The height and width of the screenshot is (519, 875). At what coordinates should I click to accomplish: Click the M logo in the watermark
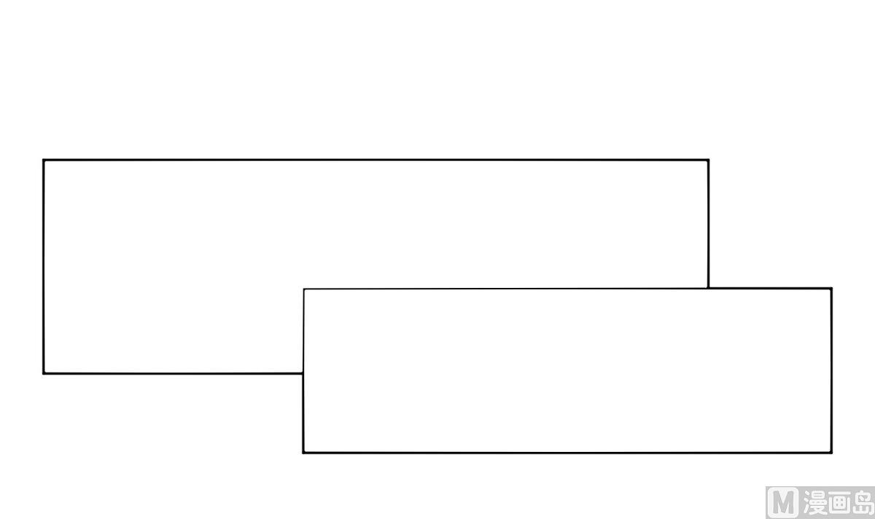click(783, 503)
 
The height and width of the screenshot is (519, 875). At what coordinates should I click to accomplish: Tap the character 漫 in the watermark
click(816, 503)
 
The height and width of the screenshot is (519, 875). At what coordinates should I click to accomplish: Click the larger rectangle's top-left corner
click(44, 160)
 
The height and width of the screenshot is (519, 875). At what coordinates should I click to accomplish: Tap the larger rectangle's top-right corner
click(708, 160)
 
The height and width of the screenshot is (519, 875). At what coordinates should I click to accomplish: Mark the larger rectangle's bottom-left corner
click(44, 373)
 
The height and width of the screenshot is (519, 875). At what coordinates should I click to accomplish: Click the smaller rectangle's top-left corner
click(304, 289)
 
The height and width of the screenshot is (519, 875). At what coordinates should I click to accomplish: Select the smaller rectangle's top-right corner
click(831, 289)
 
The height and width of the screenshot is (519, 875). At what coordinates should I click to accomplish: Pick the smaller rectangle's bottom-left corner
click(303, 453)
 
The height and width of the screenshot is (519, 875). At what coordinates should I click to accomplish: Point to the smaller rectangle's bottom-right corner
click(831, 453)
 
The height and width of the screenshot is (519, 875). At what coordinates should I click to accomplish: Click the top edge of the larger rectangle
click(376, 160)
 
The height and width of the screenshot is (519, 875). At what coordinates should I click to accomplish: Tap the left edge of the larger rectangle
click(44, 267)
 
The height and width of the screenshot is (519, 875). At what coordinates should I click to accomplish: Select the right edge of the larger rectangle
click(708, 225)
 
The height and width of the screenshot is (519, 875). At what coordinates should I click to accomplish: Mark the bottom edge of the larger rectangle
click(174, 373)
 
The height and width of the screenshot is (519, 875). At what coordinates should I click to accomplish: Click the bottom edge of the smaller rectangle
click(567, 453)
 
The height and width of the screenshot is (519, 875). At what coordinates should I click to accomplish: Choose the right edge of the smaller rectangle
click(831, 370)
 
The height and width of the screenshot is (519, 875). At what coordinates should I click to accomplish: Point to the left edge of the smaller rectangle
click(303, 371)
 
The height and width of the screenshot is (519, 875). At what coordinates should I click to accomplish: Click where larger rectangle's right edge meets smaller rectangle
click(708, 289)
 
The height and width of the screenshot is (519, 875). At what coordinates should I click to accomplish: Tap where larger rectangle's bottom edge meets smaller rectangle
click(303, 373)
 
